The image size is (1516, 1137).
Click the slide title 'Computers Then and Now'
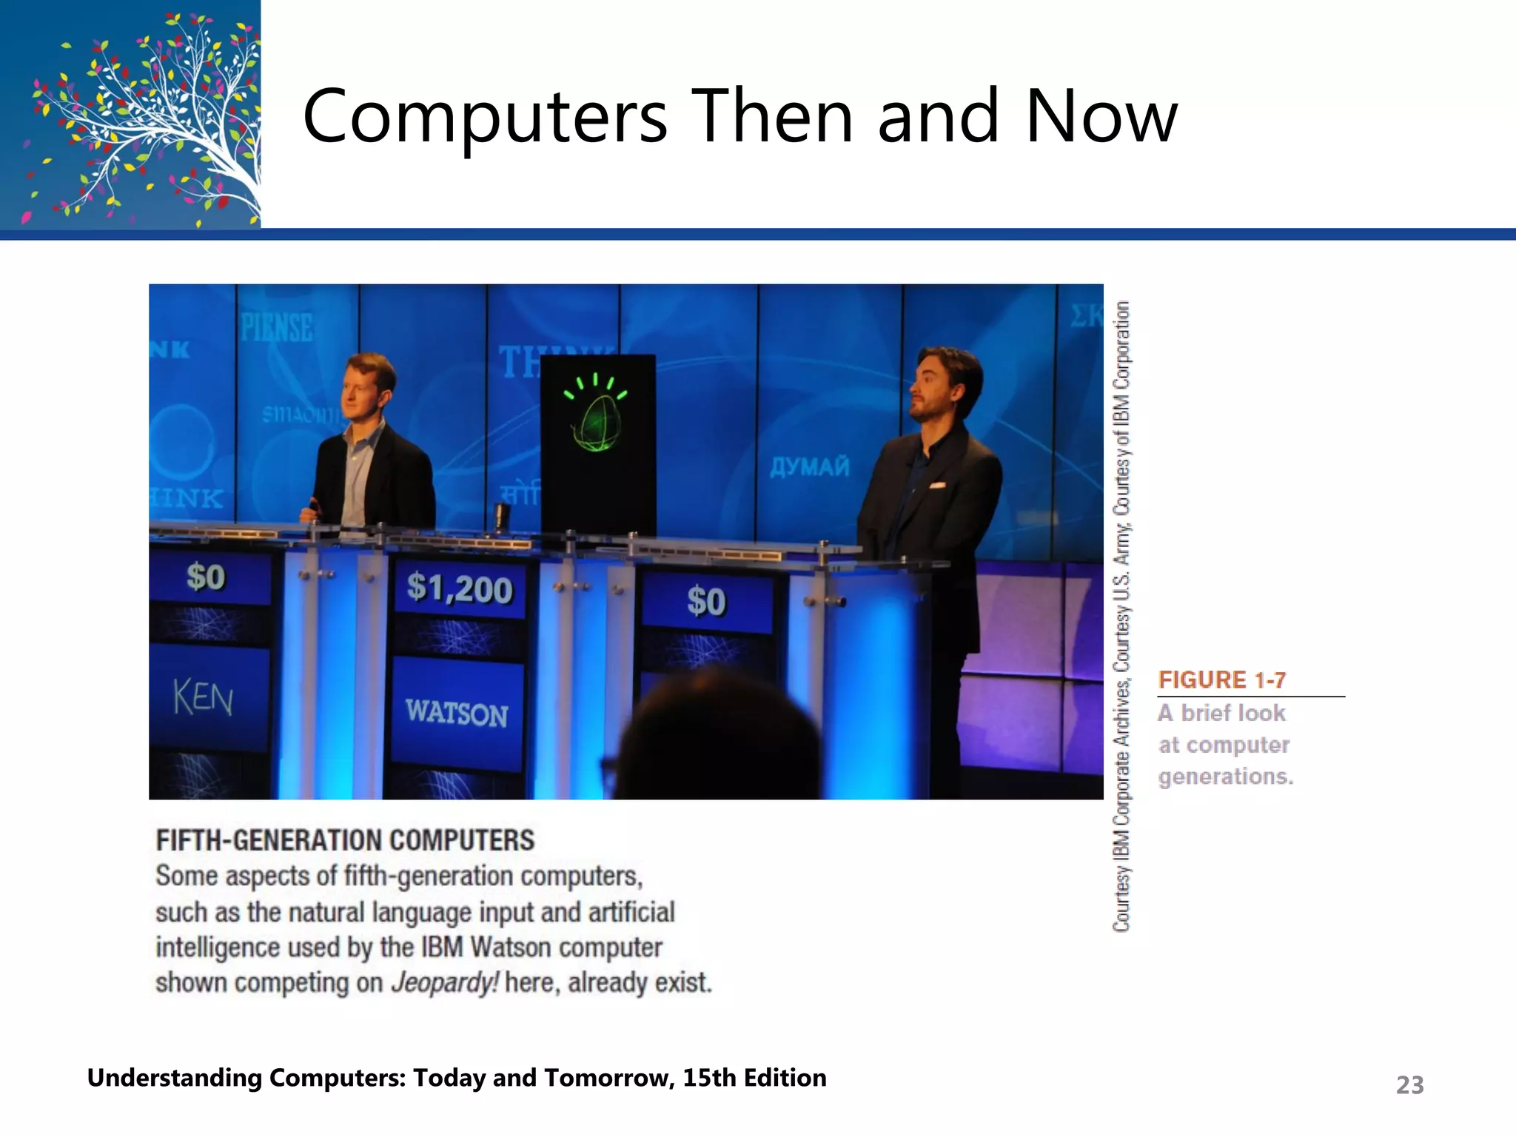pos(740,117)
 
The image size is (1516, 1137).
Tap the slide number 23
pos(1409,1085)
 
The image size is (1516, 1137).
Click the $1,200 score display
pos(460,589)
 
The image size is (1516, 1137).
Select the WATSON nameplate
pos(457,713)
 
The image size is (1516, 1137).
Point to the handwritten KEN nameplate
pos(204,698)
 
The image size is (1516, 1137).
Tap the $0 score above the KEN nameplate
pos(206,577)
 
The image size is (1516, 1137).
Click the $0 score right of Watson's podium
pos(705,600)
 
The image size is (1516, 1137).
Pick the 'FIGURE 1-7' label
pos(1222,680)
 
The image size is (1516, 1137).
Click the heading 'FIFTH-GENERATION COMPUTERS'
pos(345,840)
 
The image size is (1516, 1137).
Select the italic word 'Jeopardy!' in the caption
pos(445,982)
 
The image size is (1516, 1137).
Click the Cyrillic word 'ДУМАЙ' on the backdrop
pos(810,466)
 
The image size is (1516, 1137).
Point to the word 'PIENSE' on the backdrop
pos(277,327)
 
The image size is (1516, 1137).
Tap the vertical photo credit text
pos(1122,614)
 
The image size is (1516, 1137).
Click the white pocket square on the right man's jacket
pos(937,486)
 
